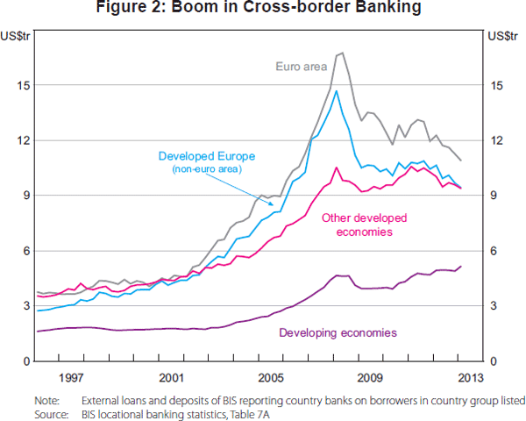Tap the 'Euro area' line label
click(301, 66)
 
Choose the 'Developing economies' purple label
click(338, 332)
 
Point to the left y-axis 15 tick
click(28, 85)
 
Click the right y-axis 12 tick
click(495, 140)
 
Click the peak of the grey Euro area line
click(342, 54)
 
